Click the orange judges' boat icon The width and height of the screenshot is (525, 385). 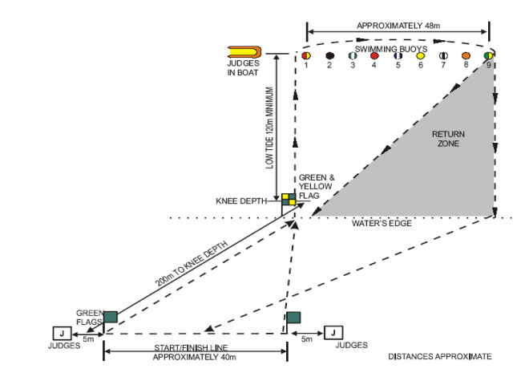(x=244, y=51)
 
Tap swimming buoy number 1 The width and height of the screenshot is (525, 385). (x=306, y=56)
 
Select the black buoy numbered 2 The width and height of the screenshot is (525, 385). (x=329, y=56)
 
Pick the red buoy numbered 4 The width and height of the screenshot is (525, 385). (x=374, y=56)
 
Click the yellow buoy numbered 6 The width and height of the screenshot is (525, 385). (x=420, y=56)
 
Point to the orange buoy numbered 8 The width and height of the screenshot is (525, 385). (x=466, y=56)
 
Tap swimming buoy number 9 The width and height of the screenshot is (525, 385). (x=489, y=56)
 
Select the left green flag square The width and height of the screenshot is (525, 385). (x=110, y=317)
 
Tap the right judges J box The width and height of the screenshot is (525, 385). (x=333, y=332)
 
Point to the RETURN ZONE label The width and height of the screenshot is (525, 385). (x=448, y=139)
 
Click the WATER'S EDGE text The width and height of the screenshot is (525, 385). (x=381, y=223)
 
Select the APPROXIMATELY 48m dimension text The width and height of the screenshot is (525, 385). (x=398, y=26)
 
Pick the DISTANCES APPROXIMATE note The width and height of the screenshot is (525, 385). (x=440, y=355)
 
